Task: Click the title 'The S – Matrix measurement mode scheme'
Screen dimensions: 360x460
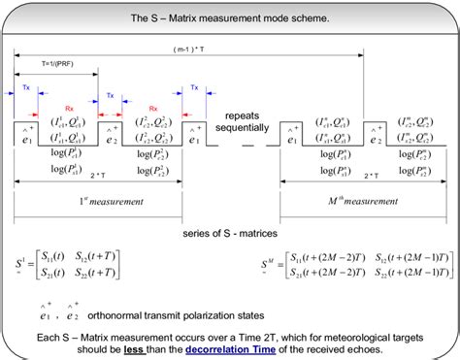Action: click(x=230, y=18)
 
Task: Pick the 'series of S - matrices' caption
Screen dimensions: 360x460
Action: click(x=229, y=234)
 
